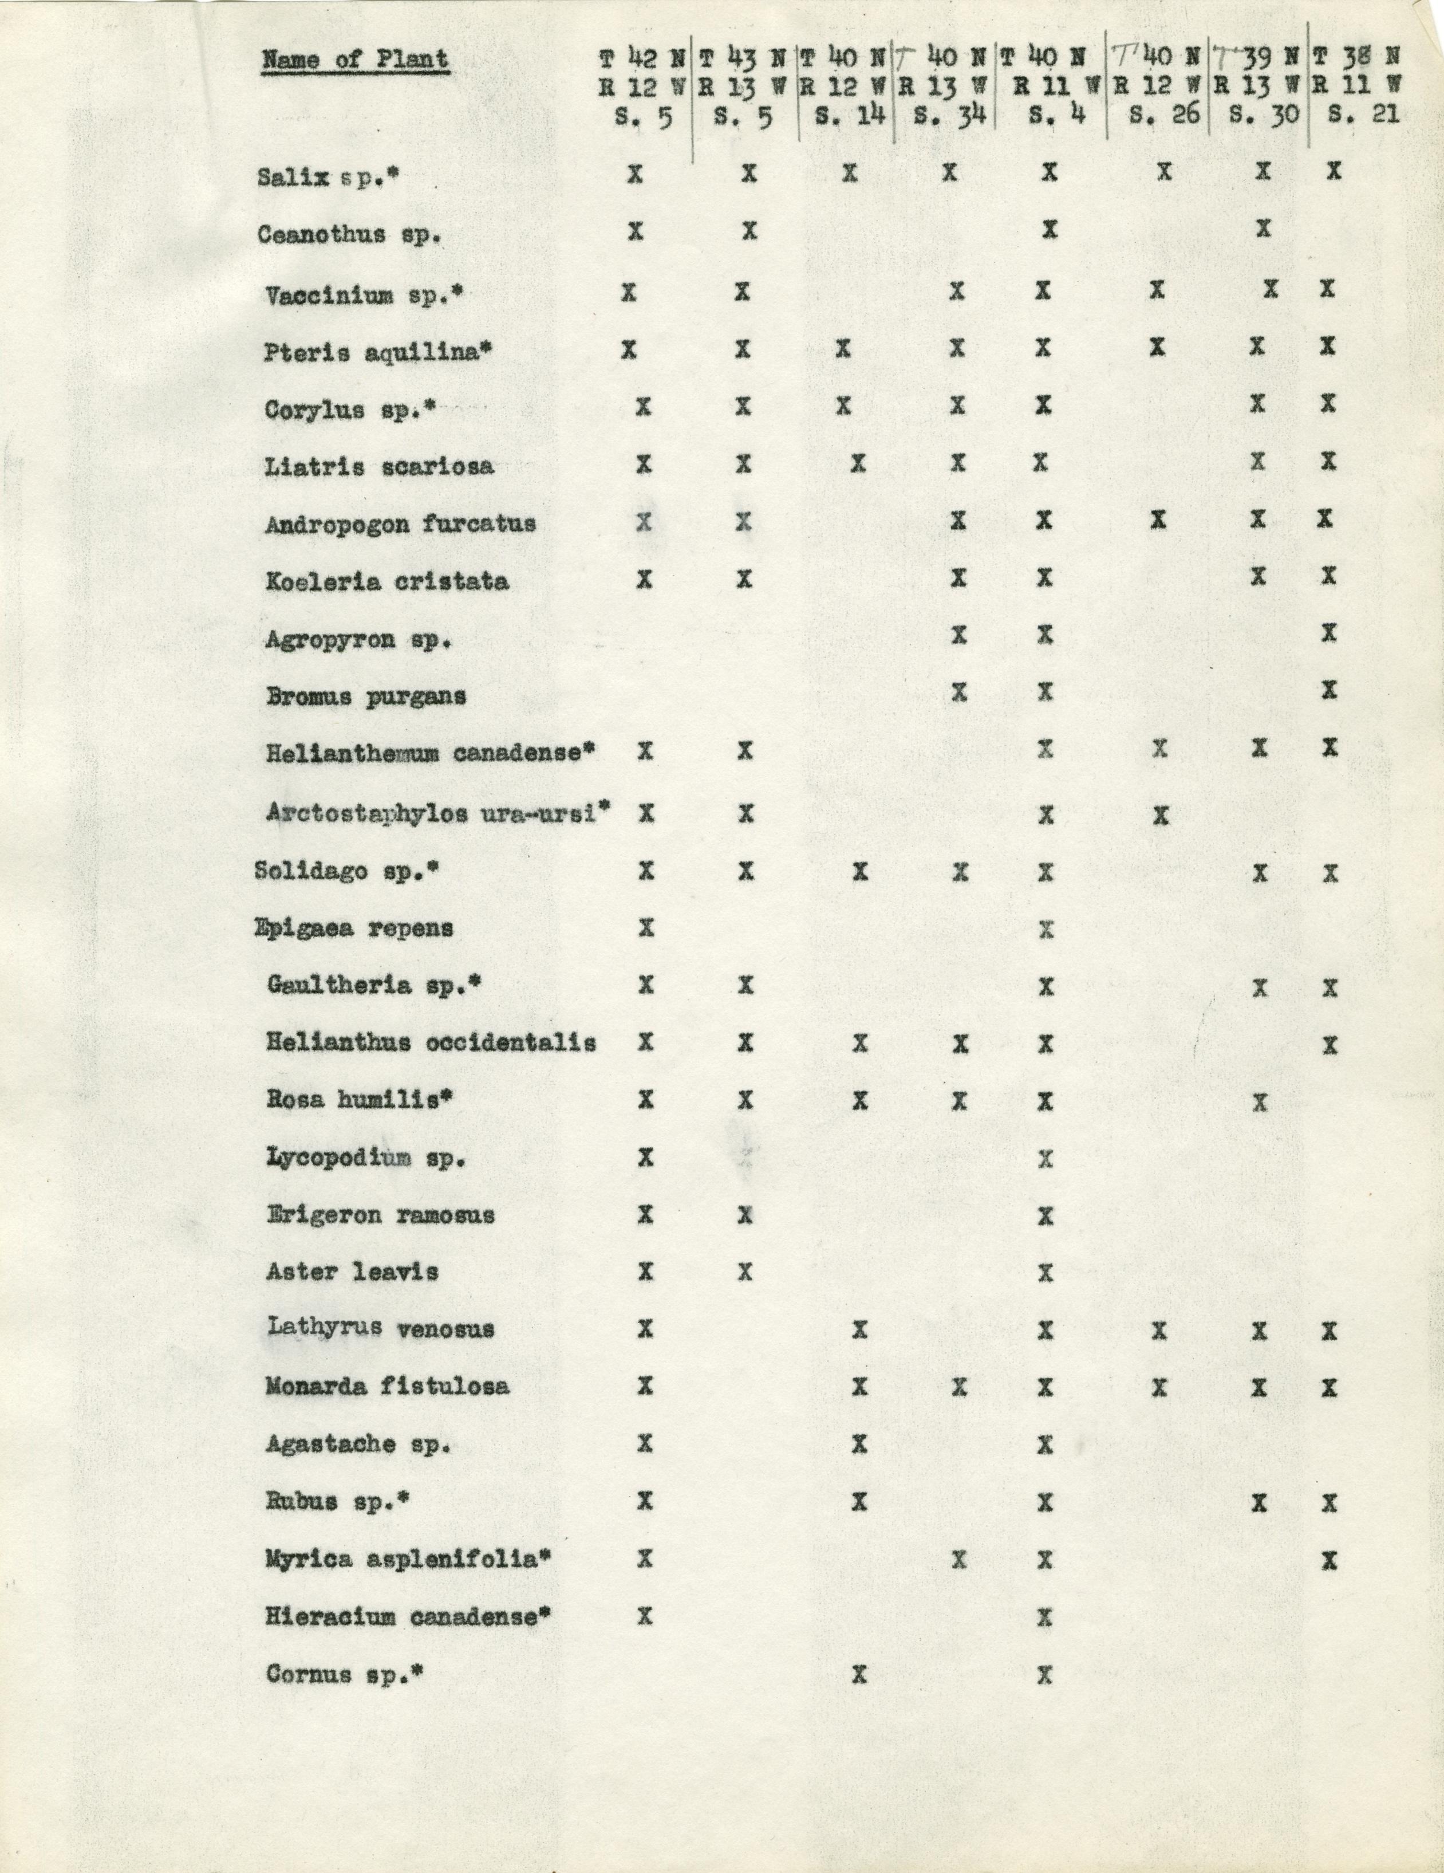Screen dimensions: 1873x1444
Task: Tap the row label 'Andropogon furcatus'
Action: pyautogui.click(x=400, y=524)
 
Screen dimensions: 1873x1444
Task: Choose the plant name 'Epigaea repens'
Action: pyautogui.click(x=354, y=928)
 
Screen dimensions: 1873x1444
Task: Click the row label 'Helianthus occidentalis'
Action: pyautogui.click(x=431, y=1044)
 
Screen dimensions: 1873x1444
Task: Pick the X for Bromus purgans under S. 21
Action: pyautogui.click(x=1329, y=690)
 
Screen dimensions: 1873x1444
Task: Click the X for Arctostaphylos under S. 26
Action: pyautogui.click(x=1161, y=814)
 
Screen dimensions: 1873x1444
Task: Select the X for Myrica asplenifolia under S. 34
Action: pyautogui.click(x=960, y=1559)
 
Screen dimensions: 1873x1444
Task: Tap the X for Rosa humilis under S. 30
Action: pyautogui.click(x=1259, y=1101)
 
